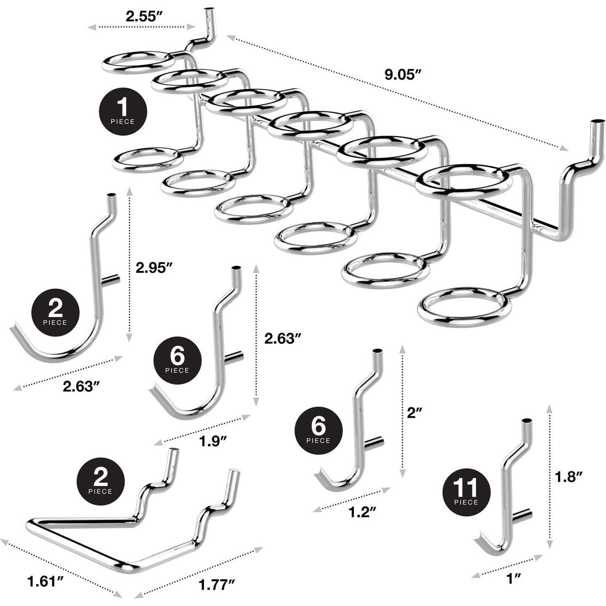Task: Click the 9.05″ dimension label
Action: (403, 75)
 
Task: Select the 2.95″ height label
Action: (155, 268)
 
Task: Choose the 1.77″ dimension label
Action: (216, 585)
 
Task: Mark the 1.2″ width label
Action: (362, 512)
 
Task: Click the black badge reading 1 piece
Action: (123, 111)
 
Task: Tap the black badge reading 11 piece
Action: (466, 492)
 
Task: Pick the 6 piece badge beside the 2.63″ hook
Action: (177, 360)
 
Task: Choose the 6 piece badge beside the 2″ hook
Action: (318, 430)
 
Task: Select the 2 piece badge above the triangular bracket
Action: (100, 481)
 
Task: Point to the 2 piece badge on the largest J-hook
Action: (55, 312)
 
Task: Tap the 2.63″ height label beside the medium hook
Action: (283, 338)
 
